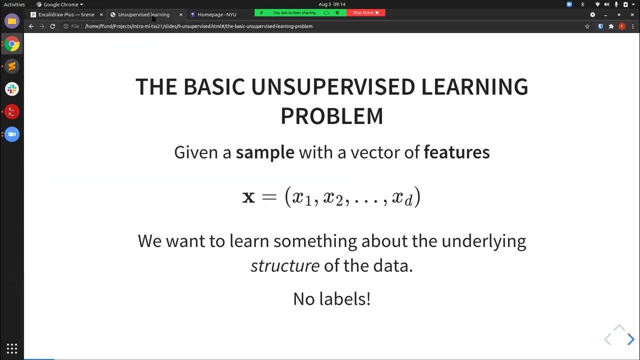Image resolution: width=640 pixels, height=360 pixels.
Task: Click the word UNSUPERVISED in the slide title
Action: pyautogui.click(x=332, y=87)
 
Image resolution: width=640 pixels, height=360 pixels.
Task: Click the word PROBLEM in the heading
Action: pyautogui.click(x=331, y=116)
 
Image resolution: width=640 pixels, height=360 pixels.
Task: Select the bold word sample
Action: pyautogui.click(x=265, y=152)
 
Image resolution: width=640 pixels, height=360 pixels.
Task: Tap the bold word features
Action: pyautogui.click(x=456, y=152)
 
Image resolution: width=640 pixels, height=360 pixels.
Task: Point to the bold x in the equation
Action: pyautogui.click(x=248, y=197)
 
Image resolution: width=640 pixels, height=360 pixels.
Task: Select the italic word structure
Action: pyautogui.click(x=284, y=265)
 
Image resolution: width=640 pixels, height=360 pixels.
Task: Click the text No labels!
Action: pyautogui.click(x=331, y=298)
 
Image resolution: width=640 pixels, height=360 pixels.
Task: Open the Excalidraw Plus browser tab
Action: pyautogui.click(x=66, y=14)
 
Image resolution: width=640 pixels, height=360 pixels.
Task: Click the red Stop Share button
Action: pyautogui.click(x=366, y=12)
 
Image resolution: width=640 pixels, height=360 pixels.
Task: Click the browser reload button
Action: pyautogui.click(x=52, y=26)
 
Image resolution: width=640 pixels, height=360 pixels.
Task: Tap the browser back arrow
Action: pyautogui.click(x=31, y=26)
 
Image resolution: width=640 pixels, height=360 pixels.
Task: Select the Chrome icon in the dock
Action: pyautogui.click(x=12, y=44)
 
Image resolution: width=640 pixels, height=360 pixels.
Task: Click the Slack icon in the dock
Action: pyautogui.click(x=12, y=89)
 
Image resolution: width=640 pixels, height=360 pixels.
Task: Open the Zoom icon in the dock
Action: pyautogui.click(x=12, y=134)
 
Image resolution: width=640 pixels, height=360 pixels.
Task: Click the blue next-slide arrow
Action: pyautogui.click(x=630, y=339)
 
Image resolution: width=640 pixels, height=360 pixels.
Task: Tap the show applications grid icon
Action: pyautogui.click(x=12, y=348)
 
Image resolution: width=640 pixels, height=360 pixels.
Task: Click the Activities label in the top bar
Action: pyautogui.click(x=14, y=4)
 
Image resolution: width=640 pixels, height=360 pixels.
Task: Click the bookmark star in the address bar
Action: pyautogui.click(x=587, y=26)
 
